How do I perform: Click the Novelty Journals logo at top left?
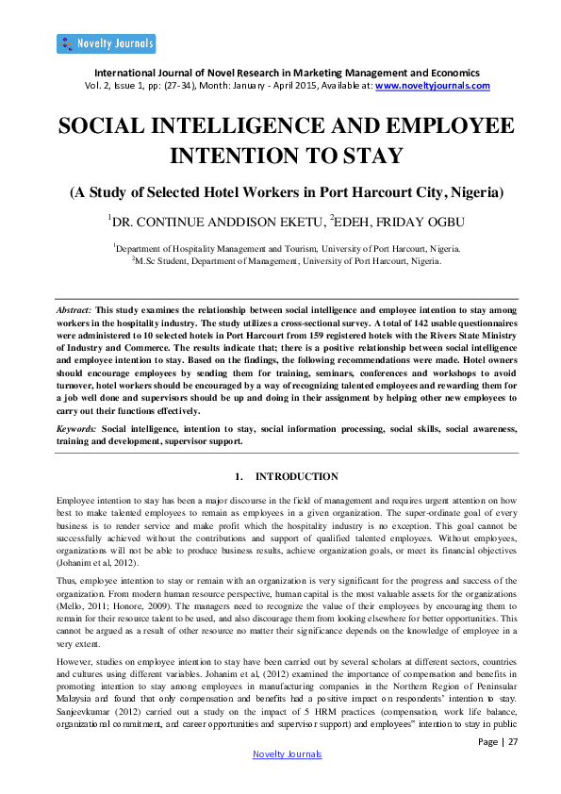(106, 43)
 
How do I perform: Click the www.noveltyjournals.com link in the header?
(433, 85)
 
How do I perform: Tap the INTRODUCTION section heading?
(297, 476)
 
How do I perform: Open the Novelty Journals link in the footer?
(288, 754)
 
